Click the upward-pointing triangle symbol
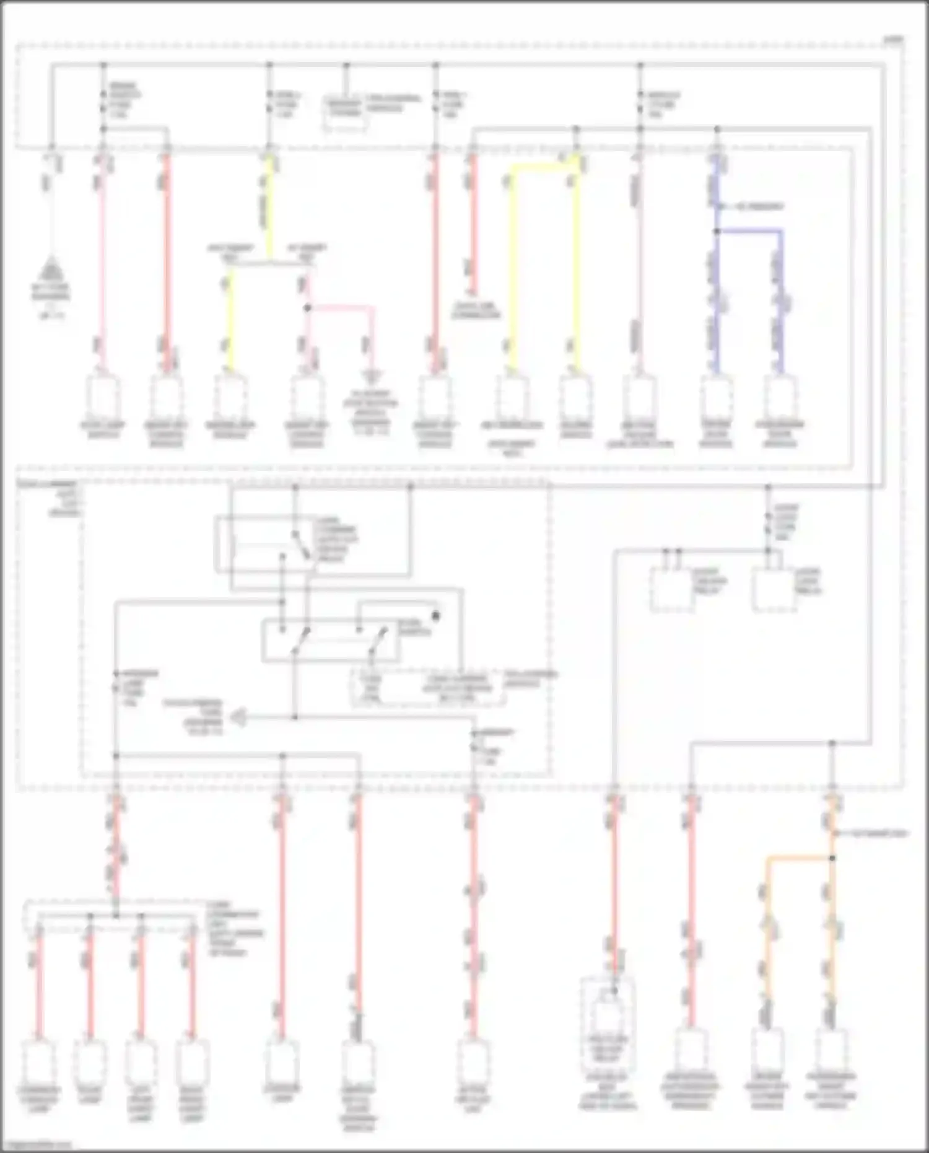click(53, 271)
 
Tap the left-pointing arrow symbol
click(238, 718)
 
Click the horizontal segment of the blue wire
click(749, 231)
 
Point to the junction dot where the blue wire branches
click(717, 231)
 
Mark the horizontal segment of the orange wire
click(799, 858)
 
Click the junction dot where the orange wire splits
click(832, 858)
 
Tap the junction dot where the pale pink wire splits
click(307, 307)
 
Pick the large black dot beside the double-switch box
click(435, 616)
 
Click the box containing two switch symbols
click(330, 640)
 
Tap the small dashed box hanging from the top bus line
click(345, 115)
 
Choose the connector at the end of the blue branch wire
click(780, 397)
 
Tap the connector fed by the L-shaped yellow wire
click(513, 397)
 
